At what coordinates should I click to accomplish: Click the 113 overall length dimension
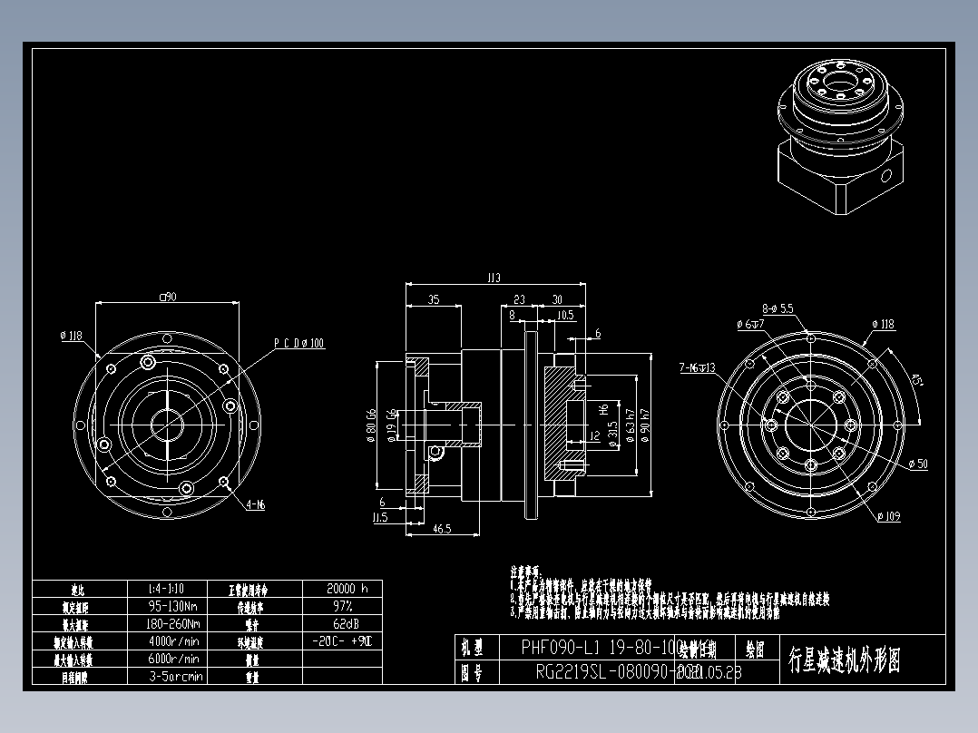(x=494, y=279)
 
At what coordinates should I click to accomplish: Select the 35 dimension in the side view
(x=434, y=299)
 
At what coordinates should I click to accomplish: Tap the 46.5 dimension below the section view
(x=443, y=528)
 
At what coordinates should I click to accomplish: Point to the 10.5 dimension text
(x=564, y=316)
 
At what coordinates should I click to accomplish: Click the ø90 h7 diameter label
(x=643, y=421)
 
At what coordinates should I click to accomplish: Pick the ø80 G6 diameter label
(x=371, y=423)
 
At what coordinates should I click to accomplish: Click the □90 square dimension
(x=167, y=296)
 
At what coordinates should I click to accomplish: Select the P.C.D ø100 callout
(x=299, y=344)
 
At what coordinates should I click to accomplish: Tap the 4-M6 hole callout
(x=255, y=504)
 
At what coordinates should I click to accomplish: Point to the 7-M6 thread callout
(x=697, y=368)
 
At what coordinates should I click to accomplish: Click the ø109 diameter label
(x=888, y=517)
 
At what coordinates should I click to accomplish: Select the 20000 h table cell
(x=341, y=588)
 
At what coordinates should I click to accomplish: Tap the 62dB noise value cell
(x=341, y=623)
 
